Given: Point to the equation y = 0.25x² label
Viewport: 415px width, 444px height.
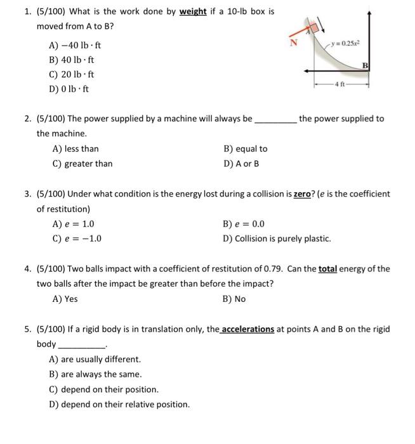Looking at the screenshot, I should point(346,43).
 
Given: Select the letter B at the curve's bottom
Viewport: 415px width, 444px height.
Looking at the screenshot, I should point(365,65).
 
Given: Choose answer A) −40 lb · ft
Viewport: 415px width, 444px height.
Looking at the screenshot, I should point(74,46).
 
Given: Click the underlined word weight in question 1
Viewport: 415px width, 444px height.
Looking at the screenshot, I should point(193,12).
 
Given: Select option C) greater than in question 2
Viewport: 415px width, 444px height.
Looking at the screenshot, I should point(82,164).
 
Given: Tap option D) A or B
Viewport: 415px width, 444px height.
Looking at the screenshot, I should point(241,164).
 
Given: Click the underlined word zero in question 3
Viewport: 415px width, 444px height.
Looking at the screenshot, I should point(303,193).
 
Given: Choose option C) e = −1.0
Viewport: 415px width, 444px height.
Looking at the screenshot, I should point(77,238).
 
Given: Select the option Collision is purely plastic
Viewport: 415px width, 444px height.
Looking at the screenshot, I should point(277,238).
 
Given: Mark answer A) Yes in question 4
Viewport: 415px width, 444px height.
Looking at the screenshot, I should point(65,299).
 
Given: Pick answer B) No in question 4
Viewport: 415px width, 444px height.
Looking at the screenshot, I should point(234,299).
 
